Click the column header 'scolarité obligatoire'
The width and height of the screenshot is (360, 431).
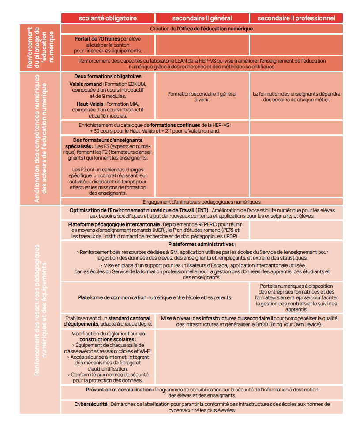(108, 18)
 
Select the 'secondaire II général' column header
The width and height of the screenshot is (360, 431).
(202, 18)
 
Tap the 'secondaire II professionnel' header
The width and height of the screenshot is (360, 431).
(296, 18)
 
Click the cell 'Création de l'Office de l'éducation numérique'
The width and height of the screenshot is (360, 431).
(202, 29)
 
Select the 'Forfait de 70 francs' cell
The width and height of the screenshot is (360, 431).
(108, 45)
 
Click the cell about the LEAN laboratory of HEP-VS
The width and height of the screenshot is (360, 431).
(202, 63)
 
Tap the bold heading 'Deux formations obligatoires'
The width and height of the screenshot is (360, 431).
(108, 76)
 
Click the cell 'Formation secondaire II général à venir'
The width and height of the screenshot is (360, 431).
(202, 97)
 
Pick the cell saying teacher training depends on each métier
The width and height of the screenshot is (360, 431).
(296, 97)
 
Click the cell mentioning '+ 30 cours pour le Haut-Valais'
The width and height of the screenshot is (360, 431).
(155, 128)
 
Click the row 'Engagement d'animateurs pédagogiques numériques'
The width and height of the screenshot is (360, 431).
(202, 202)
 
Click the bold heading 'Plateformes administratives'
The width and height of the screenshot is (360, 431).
(202, 244)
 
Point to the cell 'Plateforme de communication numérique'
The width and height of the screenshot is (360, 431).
(155, 297)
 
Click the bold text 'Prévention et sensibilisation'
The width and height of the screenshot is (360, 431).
(119, 390)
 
